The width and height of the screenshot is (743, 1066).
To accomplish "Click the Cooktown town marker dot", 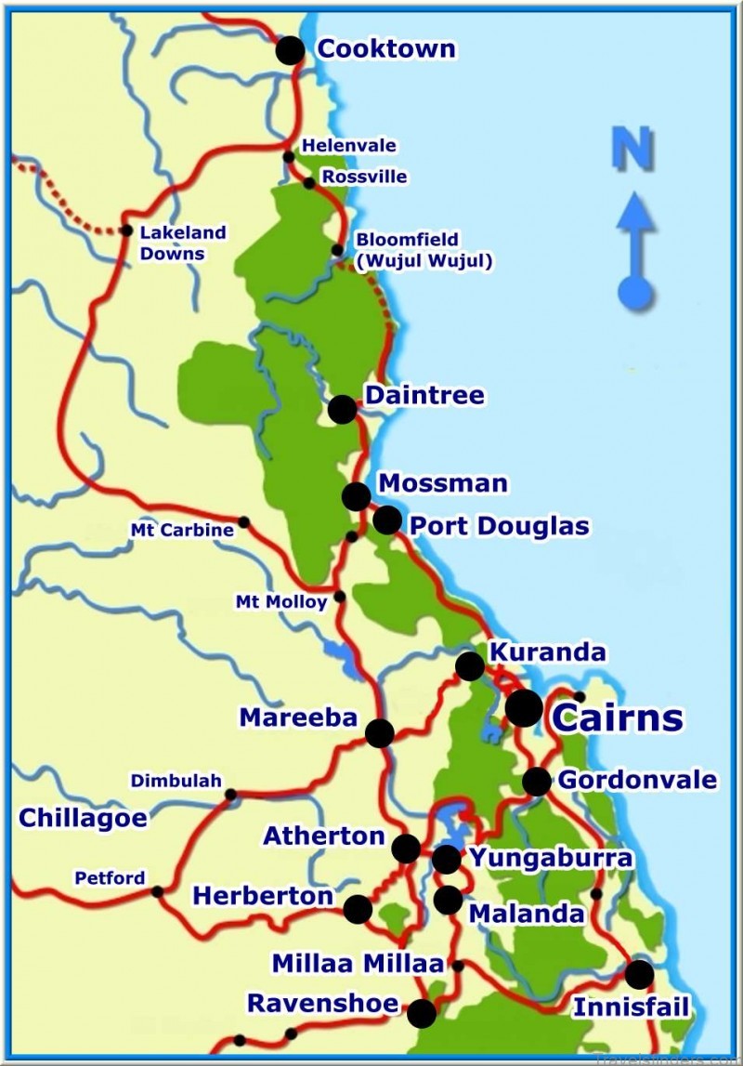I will [291, 50].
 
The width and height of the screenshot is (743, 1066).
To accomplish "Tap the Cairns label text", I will [618, 717].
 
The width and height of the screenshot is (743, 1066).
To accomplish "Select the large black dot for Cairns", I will [524, 708].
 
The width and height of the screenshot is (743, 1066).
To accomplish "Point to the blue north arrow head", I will [635, 210].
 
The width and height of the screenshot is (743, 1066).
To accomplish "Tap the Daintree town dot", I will [342, 409].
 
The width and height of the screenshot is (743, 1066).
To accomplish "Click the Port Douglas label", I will [500, 526].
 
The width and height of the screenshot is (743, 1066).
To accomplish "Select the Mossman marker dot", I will [356, 496].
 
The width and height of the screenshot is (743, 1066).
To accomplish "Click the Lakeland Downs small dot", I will [127, 230].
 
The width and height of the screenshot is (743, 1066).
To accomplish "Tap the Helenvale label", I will [349, 146].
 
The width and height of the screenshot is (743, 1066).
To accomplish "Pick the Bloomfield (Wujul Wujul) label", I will [423, 251].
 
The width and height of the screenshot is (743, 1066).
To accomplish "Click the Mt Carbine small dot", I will [243, 521].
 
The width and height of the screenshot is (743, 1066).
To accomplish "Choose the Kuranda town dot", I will [470, 666].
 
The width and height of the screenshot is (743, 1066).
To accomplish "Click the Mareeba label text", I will [298, 717].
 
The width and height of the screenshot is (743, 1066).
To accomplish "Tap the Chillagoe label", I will [83, 818].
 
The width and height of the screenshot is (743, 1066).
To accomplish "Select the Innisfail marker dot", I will [639, 975].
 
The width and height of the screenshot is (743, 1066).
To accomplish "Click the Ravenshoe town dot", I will [422, 1013].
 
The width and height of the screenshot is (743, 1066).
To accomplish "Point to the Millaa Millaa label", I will [358, 964].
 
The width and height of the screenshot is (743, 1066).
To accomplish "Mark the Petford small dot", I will [157, 891].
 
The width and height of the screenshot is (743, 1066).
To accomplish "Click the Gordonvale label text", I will [637, 779].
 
